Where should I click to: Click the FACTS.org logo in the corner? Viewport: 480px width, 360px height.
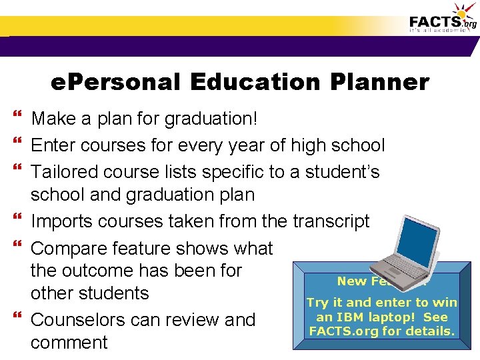443,20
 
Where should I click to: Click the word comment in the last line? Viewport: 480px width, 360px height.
69,343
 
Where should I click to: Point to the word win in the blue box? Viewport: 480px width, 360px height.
445,303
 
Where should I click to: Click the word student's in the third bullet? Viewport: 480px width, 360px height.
342,172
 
